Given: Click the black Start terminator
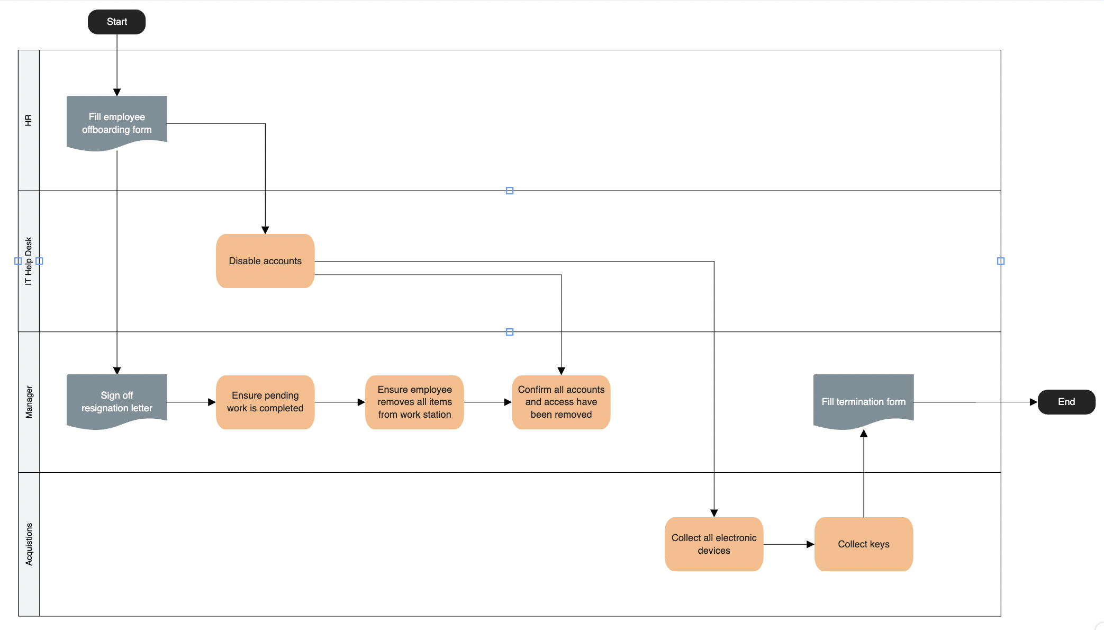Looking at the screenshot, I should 116,22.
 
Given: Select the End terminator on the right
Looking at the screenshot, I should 1066,402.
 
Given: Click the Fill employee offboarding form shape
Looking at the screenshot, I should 116,123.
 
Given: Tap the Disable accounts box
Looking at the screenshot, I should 265,261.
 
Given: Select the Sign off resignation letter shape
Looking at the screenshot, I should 116,401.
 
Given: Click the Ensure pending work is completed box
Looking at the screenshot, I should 265,402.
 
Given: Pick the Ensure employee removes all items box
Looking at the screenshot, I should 414,402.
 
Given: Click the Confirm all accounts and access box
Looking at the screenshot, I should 561,402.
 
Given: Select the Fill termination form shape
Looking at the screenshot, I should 863,401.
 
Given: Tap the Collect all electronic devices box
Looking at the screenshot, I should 713,544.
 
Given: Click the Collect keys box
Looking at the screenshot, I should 863,544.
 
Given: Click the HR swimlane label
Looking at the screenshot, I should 29,120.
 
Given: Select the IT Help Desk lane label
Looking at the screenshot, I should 29,261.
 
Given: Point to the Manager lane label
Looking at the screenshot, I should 29,402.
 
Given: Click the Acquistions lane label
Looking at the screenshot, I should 29,544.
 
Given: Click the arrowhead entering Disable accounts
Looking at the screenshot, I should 265,230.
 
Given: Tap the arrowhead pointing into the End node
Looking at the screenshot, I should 1033,402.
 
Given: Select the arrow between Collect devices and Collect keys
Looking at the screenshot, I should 789,544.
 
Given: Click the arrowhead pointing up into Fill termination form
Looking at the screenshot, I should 864,434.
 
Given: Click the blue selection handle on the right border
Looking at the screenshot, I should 1001,261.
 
